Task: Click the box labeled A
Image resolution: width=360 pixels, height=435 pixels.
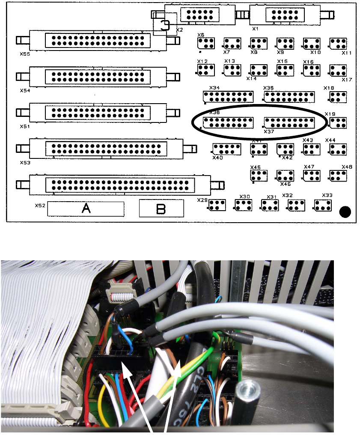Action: click(x=86, y=209)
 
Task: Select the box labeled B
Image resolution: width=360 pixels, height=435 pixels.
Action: click(x=161, y=209)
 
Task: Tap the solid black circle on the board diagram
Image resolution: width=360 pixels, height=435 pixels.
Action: click(x=345, y=212)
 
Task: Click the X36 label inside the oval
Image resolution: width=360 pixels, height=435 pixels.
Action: click(x=214, y=112)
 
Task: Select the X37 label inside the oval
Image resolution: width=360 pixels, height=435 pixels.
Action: click(x=269, y=131)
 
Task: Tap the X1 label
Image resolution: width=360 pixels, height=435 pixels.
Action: click(x=255, y=30)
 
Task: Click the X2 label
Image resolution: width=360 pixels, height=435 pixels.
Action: click(x=179, y=30)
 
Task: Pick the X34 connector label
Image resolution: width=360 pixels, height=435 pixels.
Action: click(x=214, y=88)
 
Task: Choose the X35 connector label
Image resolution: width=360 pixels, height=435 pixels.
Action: click(x=268, y=88)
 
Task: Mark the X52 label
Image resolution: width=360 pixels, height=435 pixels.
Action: click(x=40, y=205)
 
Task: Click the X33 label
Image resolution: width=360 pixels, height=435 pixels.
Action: click(x=327, y=195)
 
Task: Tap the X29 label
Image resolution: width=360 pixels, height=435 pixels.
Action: click(x=202, y=200)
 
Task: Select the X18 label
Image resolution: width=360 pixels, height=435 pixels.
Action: click(x=329, y=88)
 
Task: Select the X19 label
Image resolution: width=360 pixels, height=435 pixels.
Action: click(x=330, y=114)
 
